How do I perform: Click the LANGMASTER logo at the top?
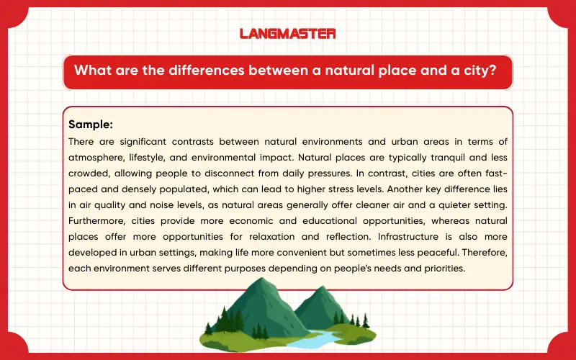click(x=287, y=33)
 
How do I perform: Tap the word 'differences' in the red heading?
click(x=194, y=72)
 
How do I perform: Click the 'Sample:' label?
click(x=91, y=124)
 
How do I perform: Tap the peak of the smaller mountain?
click(x=311, y=291)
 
